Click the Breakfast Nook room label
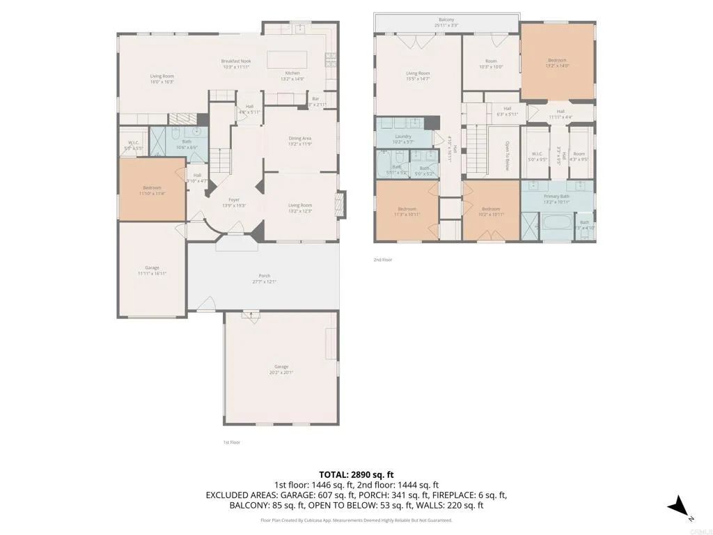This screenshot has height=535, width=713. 236,61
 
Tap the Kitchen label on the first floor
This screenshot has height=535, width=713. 292,73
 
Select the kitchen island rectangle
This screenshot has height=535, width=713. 288,57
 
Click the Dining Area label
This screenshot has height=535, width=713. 300,139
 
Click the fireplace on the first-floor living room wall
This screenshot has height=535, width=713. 340,204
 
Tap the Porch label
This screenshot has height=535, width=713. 264,276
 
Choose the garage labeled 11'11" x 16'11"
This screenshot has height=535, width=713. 152,268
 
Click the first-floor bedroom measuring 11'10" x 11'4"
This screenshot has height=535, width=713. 152,188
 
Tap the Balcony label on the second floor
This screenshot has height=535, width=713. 446,20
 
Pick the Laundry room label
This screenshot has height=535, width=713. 402,137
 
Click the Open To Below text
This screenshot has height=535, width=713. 507,157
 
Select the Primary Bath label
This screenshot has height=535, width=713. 557,196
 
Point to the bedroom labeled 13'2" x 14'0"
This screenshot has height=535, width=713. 557,61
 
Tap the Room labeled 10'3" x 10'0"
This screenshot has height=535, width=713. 491,62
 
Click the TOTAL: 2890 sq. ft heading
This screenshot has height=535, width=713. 356,474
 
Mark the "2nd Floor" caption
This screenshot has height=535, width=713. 383,260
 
